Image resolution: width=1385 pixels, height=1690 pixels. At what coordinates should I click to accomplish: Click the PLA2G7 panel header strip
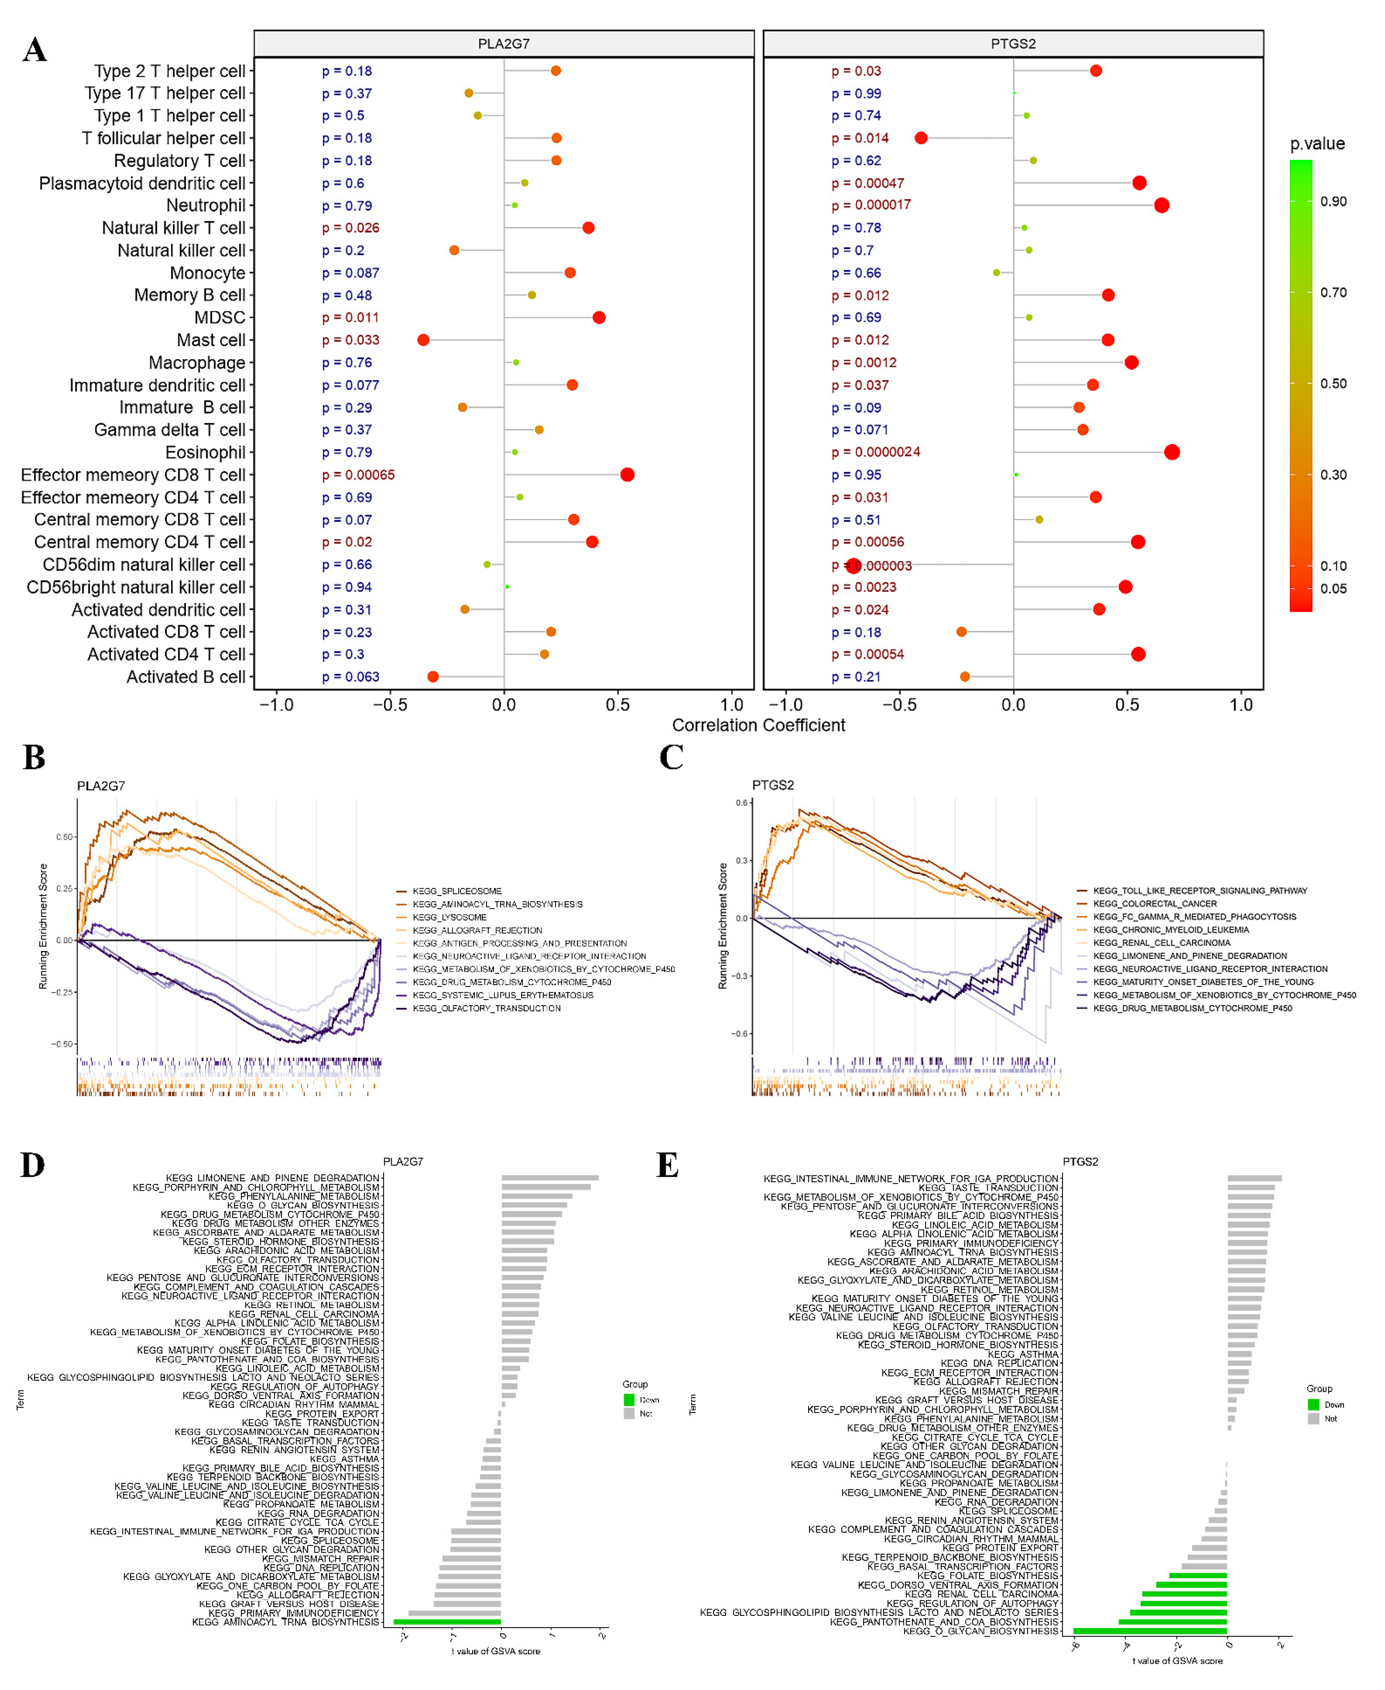(503, 44)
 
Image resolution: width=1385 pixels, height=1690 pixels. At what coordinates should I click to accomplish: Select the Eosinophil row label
(205, 452)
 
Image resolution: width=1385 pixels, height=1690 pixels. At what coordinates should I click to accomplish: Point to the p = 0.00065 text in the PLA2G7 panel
(358, 474)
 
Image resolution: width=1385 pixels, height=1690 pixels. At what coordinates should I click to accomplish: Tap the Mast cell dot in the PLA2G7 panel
(424, 340)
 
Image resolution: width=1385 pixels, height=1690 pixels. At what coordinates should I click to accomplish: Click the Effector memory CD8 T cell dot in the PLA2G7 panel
(627, 474)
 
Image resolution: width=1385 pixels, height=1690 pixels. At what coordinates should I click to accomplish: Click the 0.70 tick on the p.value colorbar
(1333, 293)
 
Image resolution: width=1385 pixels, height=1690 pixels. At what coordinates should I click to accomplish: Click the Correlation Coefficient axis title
(758, 725)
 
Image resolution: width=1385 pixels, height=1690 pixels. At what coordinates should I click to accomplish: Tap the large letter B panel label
(34, 758)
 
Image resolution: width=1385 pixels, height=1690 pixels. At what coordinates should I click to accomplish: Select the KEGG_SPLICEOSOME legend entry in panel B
(457, 891)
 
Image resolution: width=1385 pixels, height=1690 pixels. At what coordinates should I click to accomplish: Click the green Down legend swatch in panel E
(1313, 1405)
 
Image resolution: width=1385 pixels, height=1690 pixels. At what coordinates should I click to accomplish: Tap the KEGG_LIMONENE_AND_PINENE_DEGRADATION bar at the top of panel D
(550, 1177)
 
